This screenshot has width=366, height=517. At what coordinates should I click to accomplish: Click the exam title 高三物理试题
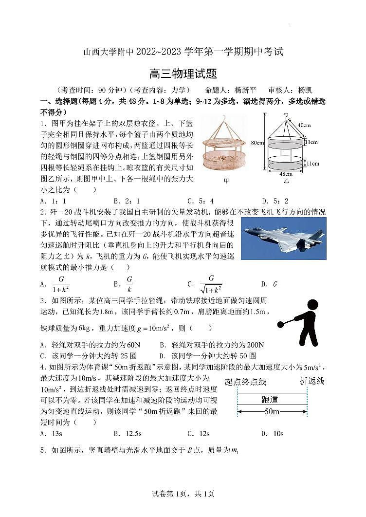coord(183,74)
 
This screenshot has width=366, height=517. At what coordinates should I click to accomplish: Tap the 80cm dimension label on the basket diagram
coord(257,143)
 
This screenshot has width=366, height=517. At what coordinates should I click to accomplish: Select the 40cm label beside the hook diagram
coord(304,125)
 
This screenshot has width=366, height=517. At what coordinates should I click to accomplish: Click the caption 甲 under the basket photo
coord(226,181)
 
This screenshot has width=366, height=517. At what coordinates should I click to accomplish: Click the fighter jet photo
coord(284,239)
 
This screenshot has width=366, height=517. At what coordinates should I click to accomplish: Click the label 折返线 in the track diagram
coord(312,381)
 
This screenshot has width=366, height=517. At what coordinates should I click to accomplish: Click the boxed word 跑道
coord(270,400)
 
